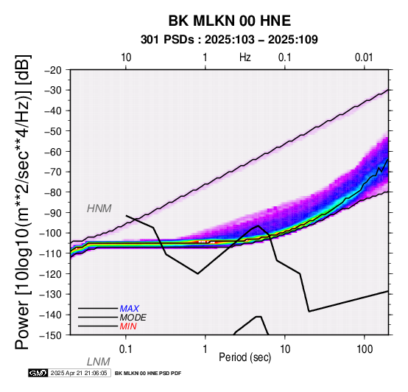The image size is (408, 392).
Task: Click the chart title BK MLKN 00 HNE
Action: click(x=230, y=21)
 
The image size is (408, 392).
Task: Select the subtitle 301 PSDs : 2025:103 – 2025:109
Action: click(x=229, y=40)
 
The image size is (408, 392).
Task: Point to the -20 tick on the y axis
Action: click(x=53, y=70)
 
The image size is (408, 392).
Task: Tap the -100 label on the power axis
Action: click(x=51, y=233)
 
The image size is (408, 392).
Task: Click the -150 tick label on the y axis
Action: click(x=51, y=335)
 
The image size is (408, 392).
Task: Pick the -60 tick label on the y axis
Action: click(x=53, y=152)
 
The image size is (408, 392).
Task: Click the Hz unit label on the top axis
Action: click(x=245, y=57)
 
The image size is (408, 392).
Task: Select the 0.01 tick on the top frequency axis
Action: click(x=364, y=57)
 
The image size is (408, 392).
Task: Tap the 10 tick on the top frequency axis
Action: click(x=126, y=57)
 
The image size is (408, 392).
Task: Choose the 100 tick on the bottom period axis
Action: click(x=365, y=349)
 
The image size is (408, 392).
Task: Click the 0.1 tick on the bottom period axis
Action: click(x=126, y=349)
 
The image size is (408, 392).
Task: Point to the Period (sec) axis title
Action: click(x=245, y=357)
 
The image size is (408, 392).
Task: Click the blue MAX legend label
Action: click(x=130, y=309)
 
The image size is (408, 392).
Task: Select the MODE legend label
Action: click(x=133, y=318)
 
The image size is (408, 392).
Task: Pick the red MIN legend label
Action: click(x=128, y=326)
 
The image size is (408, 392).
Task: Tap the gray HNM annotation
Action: click(x=99, y=209)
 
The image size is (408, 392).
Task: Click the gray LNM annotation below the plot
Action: click(x=99, y=362)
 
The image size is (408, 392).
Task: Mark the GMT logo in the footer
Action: click(x=38, y=373)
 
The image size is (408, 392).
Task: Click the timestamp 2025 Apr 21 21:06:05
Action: click(x=79, y=373)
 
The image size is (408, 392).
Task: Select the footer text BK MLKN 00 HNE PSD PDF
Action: click(x=148, y=374)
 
